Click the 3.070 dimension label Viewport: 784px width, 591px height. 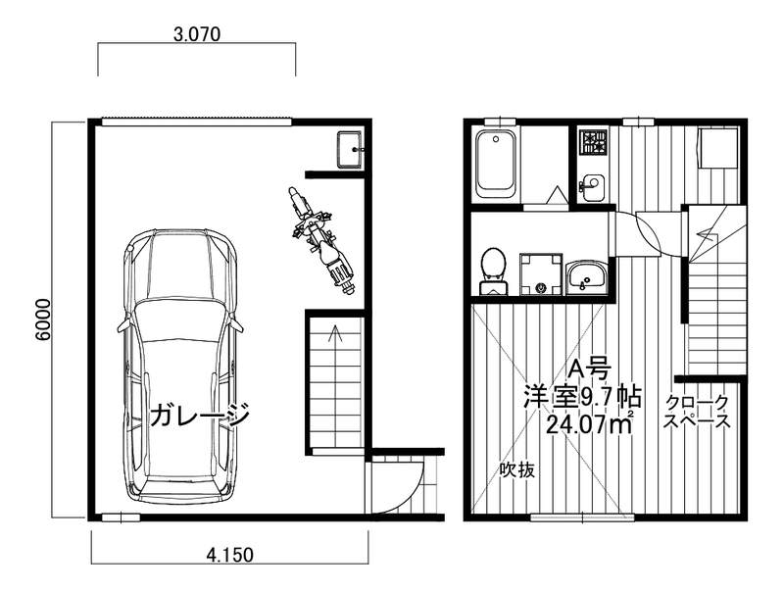pos(197,34)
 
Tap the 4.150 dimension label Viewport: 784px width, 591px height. pos(230,555)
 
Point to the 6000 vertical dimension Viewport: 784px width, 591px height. pos(43,320)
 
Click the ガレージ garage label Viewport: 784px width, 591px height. pos(200,414)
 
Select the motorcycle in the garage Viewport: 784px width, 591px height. pos(321,242)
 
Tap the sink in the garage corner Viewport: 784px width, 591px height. pos(350,150)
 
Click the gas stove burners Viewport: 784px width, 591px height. pos(593,141)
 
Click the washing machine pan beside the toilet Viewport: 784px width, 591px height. pos(541,274)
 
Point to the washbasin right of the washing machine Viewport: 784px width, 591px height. pos(586,275)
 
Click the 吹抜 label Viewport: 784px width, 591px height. pos(517,469)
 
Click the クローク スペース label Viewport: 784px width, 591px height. pos(697,412)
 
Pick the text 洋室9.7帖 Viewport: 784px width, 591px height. pos(582,398)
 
